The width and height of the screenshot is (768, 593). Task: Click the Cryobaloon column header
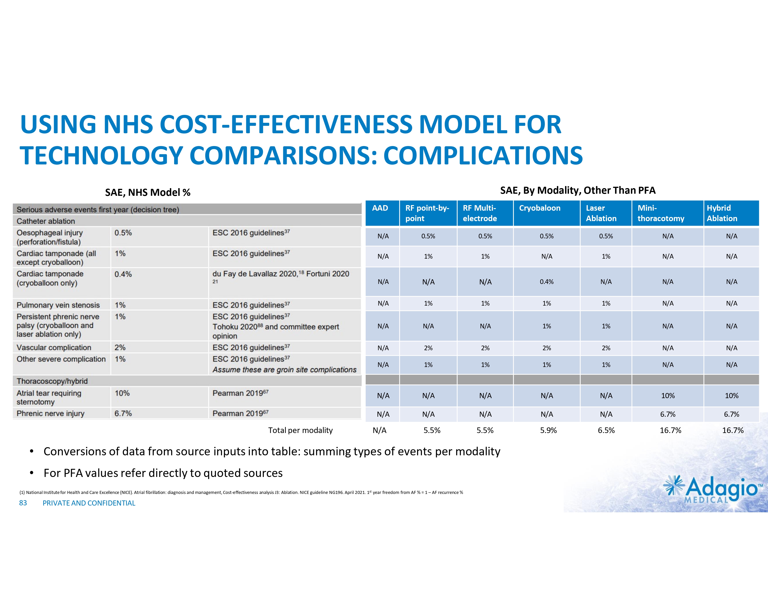click(x=539, y=208)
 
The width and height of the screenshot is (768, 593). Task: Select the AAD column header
click(x=380, y=208)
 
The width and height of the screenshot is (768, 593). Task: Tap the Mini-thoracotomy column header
click(x=660, y=213)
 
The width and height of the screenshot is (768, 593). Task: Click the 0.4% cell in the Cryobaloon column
click(x=546, y=282)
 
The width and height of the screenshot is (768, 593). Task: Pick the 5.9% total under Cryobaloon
click(x=548, y=430)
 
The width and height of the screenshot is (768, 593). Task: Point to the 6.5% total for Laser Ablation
click(x=606, y=430)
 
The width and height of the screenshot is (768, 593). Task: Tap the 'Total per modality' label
click(x=300, y=430)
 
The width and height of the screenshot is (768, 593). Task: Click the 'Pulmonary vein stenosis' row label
click(x=58, y=305)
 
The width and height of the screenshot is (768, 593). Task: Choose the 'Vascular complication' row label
click(x=54, y=347)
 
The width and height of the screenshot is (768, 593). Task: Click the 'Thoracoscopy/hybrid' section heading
click(x=52, y=381)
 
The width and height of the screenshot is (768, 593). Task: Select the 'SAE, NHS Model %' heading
click(x=148, y=193)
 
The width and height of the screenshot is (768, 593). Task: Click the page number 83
click(x=23, y=503)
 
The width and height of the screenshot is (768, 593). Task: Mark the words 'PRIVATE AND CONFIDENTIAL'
click(x=89, y=503)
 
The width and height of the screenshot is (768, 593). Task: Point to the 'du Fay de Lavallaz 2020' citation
click(x=255, y=274)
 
